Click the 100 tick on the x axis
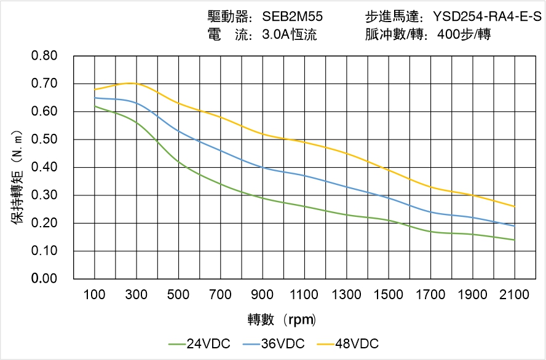click(95, 295)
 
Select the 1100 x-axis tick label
click(304, 295)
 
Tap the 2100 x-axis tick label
click(515, 295)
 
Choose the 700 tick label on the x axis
click(221, 295)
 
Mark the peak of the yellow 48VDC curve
click(131, 83)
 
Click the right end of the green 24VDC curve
click(514, 240)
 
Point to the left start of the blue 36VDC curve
click(95, 98)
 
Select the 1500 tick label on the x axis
click(389, 295)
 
